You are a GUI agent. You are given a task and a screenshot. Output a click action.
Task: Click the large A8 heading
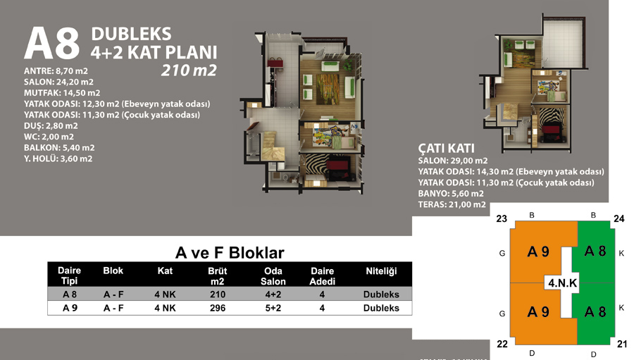pos(51,44)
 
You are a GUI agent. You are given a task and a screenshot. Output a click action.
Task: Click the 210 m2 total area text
pos(189,70)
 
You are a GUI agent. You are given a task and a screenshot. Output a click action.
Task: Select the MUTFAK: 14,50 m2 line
pos(62,92)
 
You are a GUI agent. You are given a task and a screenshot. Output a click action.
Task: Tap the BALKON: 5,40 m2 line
pos(59,148)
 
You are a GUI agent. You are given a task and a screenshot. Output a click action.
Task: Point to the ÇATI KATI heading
pos(446,148)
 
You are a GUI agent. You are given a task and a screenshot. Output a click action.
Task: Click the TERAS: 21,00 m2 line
pos(452,204)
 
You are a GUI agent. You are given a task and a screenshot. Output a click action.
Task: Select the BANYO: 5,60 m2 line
pos(450,193)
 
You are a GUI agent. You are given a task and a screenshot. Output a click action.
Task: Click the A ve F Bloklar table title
pos(230,253)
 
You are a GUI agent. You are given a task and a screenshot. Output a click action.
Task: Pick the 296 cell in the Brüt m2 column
pos(218,308)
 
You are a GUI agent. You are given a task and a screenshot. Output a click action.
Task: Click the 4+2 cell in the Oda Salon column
pos(273,294)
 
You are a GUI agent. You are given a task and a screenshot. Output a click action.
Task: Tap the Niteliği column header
pos(381,271)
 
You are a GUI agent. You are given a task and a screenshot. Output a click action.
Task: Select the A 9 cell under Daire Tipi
pos(70,308)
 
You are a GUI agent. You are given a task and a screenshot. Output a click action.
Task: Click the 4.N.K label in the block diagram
pos(562,283)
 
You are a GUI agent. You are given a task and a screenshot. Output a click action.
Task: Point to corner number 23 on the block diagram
pos(502,219)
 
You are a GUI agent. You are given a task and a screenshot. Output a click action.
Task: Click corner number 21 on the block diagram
pos(622,344)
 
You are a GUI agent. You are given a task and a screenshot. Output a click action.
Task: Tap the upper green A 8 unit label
pos(595,252)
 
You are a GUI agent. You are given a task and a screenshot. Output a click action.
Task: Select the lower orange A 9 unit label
pos(538,312)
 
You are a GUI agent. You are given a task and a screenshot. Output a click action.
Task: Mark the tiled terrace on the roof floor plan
pos(562,44)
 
